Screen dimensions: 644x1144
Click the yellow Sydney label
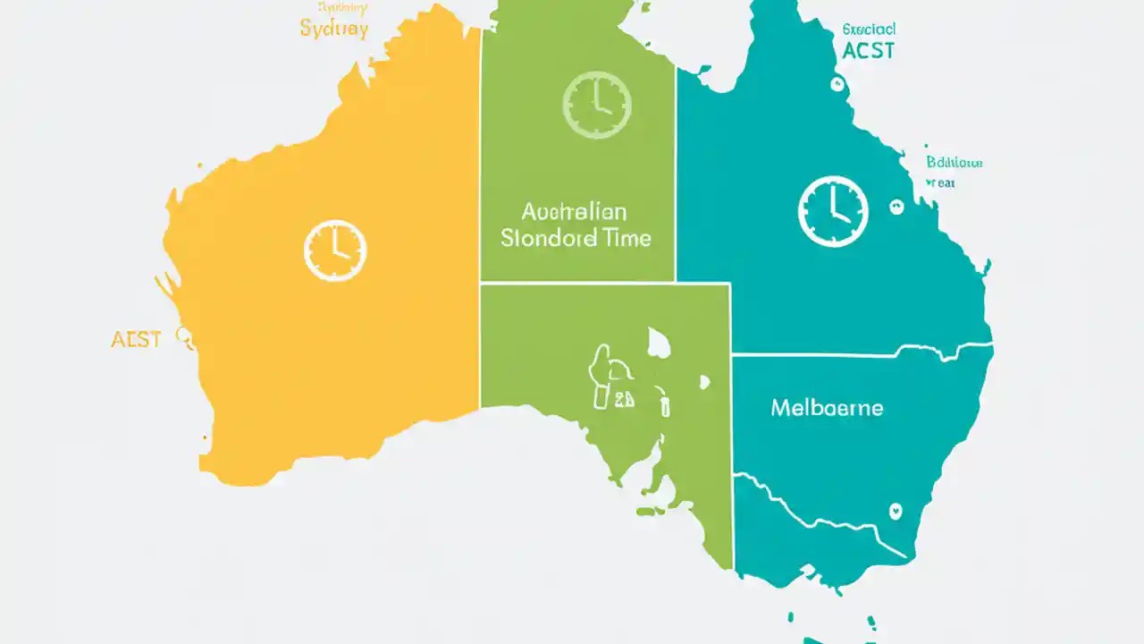point(333,27)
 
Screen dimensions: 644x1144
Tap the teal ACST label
point(868,50)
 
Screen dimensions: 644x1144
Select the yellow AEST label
point(136,340)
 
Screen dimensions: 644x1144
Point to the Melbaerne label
point(826,408)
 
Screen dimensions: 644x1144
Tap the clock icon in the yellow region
point(335,250)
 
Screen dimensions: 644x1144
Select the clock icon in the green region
point(597,106)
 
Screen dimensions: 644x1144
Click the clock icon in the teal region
point(832,211)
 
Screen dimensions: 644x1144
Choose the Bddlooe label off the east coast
point(954,163)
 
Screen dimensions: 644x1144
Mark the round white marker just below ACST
point(837,85)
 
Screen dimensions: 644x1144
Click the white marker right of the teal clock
point(896,207)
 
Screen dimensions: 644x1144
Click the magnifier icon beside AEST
point(185,337)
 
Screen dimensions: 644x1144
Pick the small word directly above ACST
point(869,29)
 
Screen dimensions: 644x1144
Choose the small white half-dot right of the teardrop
point(704,382)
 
